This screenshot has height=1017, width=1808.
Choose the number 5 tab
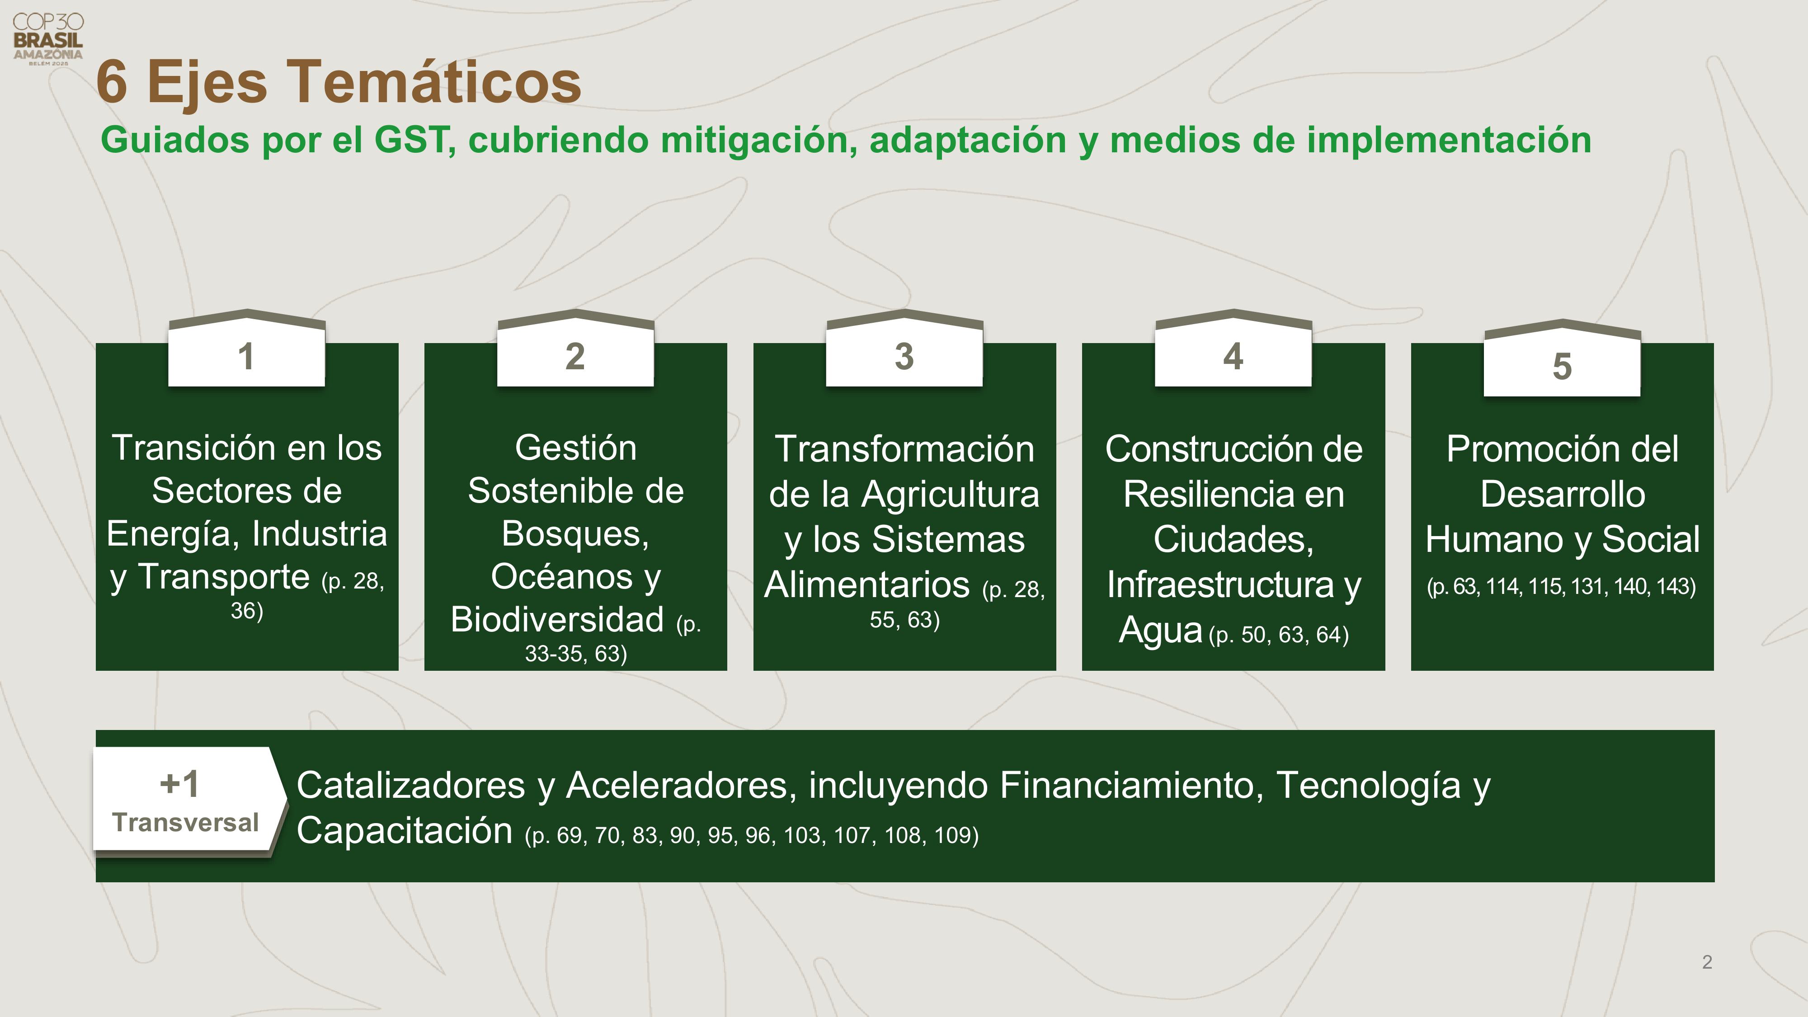click(x=1562, y=358)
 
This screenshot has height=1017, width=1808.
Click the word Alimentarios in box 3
click(x=867, y=584)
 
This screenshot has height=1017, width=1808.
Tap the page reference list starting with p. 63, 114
click(x=1562, y=586)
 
